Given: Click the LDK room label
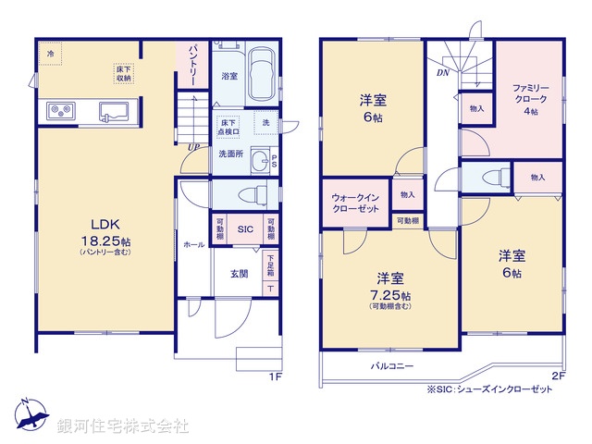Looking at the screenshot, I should click(x=104, y=223).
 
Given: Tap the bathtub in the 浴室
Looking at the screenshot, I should click(x=262, y=76).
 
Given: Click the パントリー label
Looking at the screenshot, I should click(x=193, y=61).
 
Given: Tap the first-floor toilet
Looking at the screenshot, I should click(x=246, y=194).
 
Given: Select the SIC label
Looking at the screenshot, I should click(x=245, y=229).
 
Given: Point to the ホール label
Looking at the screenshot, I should click(x=194, y=246).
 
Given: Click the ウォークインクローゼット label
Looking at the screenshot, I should click(x=355, y=203).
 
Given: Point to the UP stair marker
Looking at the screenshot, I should click(x=192, y=146).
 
